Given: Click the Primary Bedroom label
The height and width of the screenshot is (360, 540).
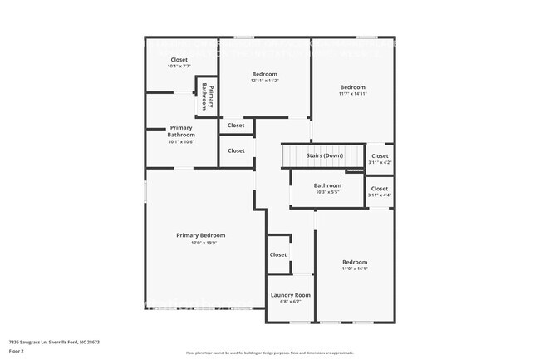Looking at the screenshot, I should click(x=200, y=235).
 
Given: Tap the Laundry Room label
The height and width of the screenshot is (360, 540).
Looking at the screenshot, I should click(x=291, y=295).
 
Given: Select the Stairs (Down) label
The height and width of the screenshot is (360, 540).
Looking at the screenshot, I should click(x=324, y=155).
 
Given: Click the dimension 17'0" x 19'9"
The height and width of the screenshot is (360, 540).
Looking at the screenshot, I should click(x=200, y=244).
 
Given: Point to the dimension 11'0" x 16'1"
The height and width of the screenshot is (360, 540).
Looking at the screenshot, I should click(x=355, y=269).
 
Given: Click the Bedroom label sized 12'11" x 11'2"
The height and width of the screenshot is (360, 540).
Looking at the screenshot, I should click(x=264, y=73).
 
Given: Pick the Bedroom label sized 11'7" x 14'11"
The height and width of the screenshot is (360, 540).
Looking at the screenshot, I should click(x=352, y=86).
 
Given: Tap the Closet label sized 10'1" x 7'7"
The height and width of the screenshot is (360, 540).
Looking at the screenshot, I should click(x=179, y=59).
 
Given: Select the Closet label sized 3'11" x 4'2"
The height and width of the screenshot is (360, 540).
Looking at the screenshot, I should click(x=379, y=156).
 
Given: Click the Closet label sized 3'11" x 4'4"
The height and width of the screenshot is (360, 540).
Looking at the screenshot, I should click(x=379, y=189).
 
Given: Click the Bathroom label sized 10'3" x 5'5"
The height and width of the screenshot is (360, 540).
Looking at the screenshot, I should click(x=327, y=185).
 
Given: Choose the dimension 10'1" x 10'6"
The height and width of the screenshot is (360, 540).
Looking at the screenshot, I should click(x=181, y=141).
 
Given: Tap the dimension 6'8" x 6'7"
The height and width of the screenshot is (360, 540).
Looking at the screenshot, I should click(x=291, y=303).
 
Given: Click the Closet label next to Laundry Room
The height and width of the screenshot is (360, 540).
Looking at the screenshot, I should click(x=277, y=254).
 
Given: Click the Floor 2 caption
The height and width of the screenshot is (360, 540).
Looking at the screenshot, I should click(x=17, y=350).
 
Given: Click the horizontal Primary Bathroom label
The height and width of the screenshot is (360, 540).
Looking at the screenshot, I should click(x=181, y=131).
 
